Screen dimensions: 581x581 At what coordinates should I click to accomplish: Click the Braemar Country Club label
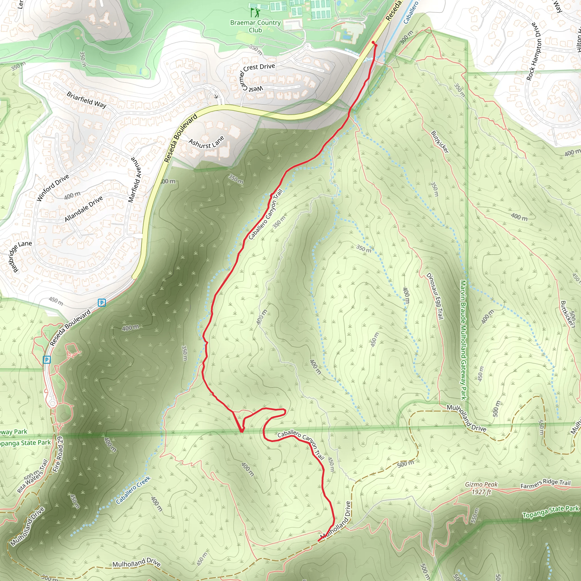[255, 26]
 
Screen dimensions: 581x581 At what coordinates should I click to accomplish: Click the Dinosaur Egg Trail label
[435, 296]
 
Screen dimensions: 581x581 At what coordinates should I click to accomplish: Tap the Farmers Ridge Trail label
[545, 484]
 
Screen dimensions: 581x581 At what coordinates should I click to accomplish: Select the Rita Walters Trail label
[32, 476]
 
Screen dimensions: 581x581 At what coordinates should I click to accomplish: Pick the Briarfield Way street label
[87, 100]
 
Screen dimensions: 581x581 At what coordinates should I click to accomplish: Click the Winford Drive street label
[53, 188]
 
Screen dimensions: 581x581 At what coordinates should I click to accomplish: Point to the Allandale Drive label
[84, 209]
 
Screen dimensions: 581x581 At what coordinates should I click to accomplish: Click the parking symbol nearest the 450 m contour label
[102, 302]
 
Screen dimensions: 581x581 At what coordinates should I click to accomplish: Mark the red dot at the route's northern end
[373, 42]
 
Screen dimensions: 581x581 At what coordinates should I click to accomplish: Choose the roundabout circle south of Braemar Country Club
[308, 47]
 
